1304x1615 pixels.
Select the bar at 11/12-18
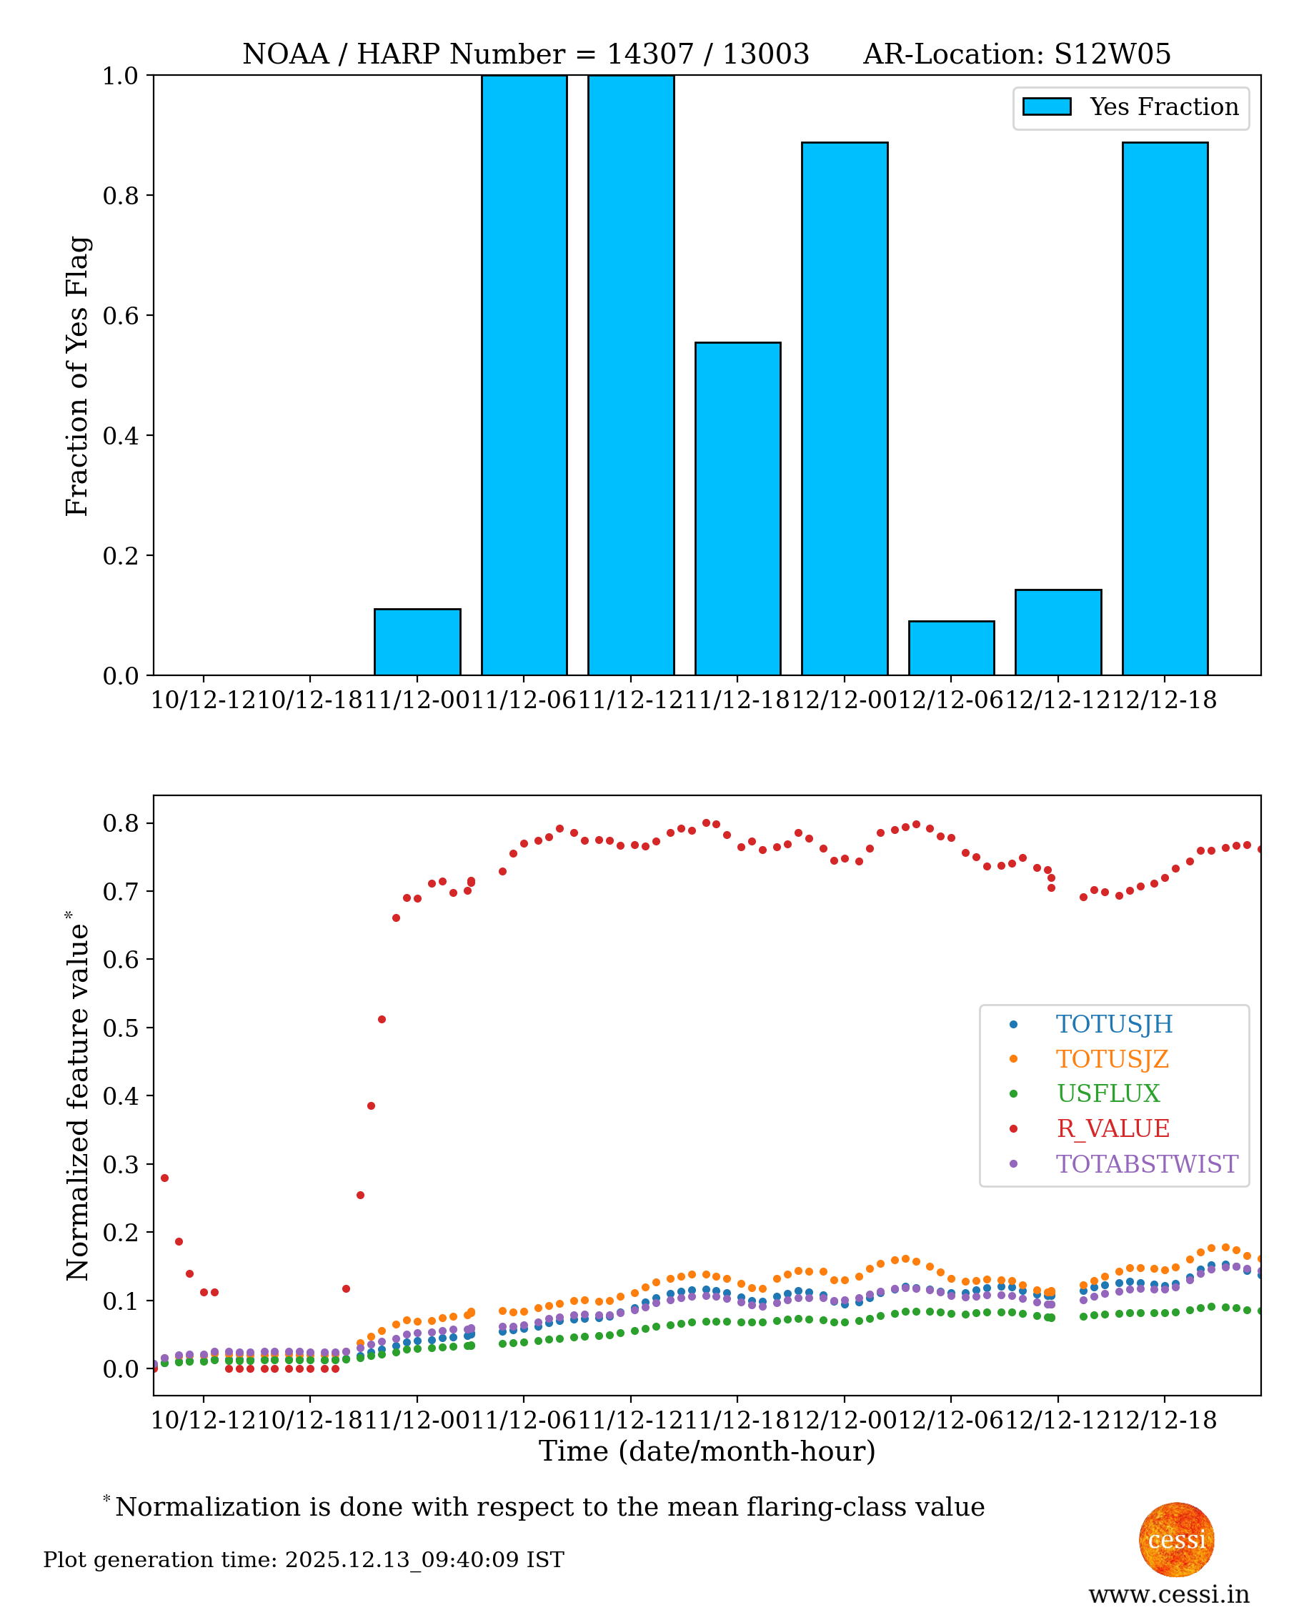coord(737,509)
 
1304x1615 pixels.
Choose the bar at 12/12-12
coord(1057,632)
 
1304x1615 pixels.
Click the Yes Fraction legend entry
coord(1130,107)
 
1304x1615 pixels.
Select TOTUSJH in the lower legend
coord(1113,1024)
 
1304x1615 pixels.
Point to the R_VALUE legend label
coord(1113,1128)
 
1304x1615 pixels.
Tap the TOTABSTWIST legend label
coord(1146,1163)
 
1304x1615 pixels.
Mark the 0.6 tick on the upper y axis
coord(120,315)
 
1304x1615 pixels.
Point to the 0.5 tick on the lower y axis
coord(120,1028)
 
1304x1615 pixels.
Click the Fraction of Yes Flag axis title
coord(76,376)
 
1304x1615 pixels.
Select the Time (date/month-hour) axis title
coord(707,1451)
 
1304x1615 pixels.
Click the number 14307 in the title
coord(647,54)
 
